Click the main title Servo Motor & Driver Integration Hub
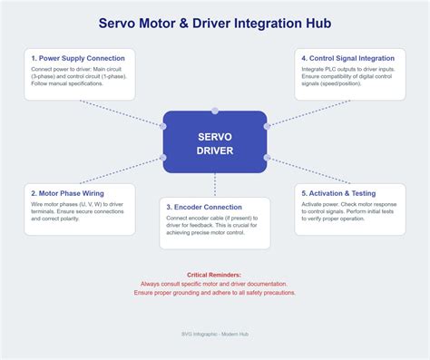coord(214,22)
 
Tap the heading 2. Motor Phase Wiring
coord(66,193)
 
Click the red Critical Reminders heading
coord(214,274)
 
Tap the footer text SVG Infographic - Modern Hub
coord(214,334)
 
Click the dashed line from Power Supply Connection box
coord(122,113)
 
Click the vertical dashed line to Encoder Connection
coord(215,185)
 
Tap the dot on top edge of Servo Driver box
coord(215,111)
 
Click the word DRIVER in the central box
coord(215,150)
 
